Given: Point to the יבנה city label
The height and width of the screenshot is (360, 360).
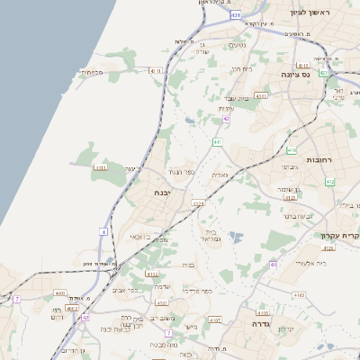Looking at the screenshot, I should click(x=163, y=193).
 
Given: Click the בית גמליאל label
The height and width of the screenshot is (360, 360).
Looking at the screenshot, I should click(x=206, y=235).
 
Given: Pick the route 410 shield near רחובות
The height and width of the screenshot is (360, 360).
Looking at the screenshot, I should click(x=291, y=150).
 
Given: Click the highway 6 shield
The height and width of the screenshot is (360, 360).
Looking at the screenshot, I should click(x=103, y=232).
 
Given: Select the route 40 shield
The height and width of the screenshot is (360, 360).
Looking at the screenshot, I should click(x=274, y=265).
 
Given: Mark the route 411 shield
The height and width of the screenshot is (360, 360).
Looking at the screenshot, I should click(x=218, y=142).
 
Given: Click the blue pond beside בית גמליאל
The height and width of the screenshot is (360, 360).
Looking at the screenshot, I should click(x=236, y=238).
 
